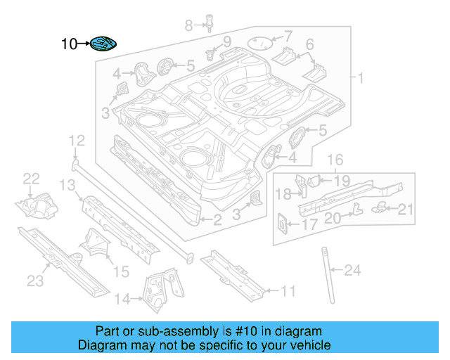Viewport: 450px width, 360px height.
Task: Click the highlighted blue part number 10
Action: pyautogui.click(x=103, y=44)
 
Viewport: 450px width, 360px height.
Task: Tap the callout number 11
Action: pyautogui.click(x=288, y=290)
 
